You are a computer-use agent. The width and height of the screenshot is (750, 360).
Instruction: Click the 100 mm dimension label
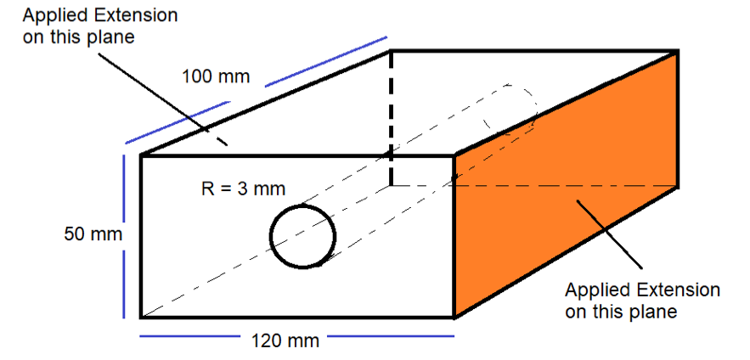click(x=216, y=77)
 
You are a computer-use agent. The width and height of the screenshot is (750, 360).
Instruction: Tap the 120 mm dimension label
click(x=285, y=341)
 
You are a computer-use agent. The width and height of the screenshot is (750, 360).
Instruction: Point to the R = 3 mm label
click(x=243, y=188)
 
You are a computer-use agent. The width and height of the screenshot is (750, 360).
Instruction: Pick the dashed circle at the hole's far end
click(x=510, y=109)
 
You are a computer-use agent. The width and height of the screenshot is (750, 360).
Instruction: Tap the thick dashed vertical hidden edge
click(x=392, y=119)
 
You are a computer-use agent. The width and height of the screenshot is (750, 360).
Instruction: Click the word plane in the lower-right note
click(x=654, y=312)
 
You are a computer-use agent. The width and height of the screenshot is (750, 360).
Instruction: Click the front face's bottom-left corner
click(x=141, y=318)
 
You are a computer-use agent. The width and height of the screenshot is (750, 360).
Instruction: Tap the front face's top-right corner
click(x=454, y=155)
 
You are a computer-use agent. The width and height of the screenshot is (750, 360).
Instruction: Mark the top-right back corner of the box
click(x=677, y=51)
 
